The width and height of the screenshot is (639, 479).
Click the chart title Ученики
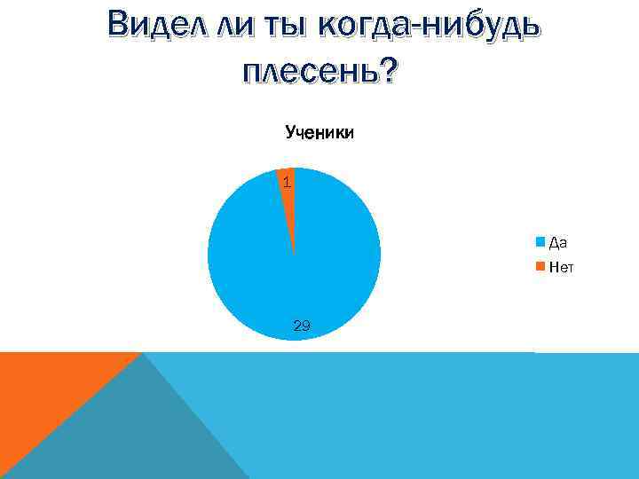319,133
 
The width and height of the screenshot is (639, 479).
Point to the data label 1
286,183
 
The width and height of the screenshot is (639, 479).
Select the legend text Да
558,241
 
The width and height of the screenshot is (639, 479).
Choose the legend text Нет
561,265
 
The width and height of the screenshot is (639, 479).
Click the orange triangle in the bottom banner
44,399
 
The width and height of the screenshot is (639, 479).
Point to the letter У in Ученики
290,133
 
